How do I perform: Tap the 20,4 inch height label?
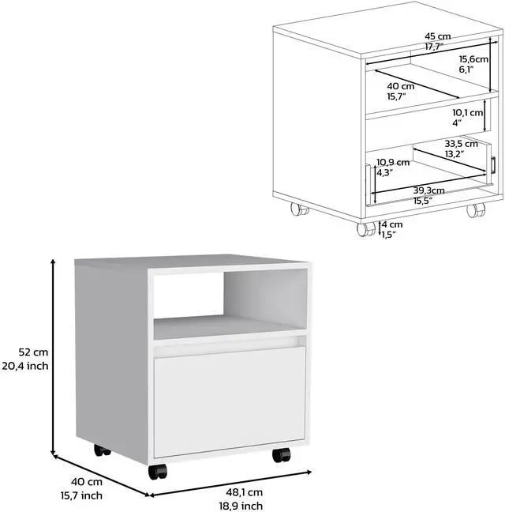pos(27,365)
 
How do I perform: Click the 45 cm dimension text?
pos(437,36)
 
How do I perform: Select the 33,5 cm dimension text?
pos(461,144)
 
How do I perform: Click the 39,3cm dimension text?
pos(428,190)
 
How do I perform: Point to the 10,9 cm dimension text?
pos(392,162)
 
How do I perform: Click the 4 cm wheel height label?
pos(391,224)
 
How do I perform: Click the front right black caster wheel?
pos(281,455)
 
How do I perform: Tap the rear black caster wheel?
pos(103,450)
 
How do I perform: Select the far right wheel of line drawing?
pos(475,210)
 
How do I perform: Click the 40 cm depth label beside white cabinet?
pos(87,482)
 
